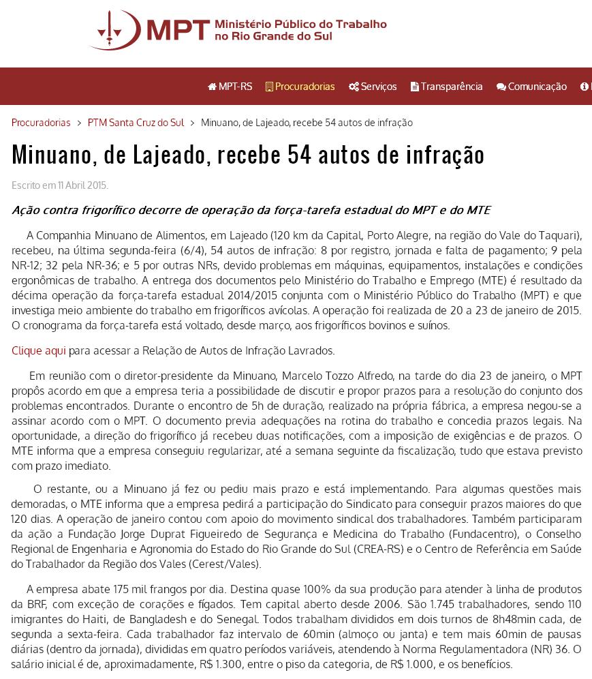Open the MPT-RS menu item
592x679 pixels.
(230, 87)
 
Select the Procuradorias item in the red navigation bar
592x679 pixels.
(300, 87)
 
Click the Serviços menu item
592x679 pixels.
(373, 87)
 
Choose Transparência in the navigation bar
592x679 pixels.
(447, 87)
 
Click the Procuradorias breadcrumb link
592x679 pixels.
(41, 123)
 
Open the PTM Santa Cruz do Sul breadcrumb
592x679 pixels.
(136, 123)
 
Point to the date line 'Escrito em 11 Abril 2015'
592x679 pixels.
(60, 185)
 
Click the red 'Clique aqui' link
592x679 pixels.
(39, 350)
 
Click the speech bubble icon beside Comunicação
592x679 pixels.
(501, 87)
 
